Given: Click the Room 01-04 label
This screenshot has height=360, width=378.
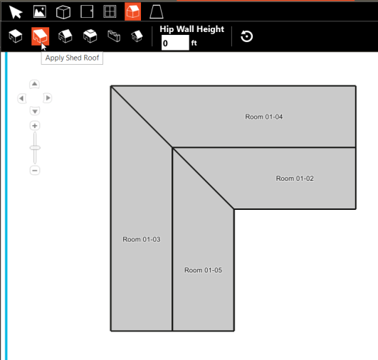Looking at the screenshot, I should pos(263,117).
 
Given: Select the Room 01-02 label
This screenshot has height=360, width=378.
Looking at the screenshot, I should pos(295,179).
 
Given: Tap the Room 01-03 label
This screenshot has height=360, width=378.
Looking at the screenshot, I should pos(142,240).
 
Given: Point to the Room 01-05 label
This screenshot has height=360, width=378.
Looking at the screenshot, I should pos(204,270).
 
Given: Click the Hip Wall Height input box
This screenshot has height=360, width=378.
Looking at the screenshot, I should pos(175,43).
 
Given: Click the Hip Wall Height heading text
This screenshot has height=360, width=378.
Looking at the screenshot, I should pos(192,29).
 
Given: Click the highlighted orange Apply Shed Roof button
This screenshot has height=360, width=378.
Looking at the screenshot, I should pos(41,36).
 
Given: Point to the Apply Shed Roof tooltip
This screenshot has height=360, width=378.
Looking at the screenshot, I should pos(73,58).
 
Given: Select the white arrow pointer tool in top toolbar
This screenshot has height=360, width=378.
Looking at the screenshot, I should pos(16,11).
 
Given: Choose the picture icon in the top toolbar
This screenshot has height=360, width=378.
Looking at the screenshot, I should pos(39,11).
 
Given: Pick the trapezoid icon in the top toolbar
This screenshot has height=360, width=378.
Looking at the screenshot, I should pos(156,11).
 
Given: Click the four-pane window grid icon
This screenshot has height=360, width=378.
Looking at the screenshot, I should pos(110,11).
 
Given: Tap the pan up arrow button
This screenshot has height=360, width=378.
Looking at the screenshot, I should pos(34,84).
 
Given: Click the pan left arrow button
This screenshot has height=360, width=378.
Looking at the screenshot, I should pos(21,98).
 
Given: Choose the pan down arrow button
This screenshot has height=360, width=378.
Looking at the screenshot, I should pos(34,112).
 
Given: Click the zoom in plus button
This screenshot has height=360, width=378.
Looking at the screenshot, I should pos(34,126).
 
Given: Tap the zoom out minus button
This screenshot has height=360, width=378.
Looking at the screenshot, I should pos(34,171).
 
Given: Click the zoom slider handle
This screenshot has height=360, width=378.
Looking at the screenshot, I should pos(34,147).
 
